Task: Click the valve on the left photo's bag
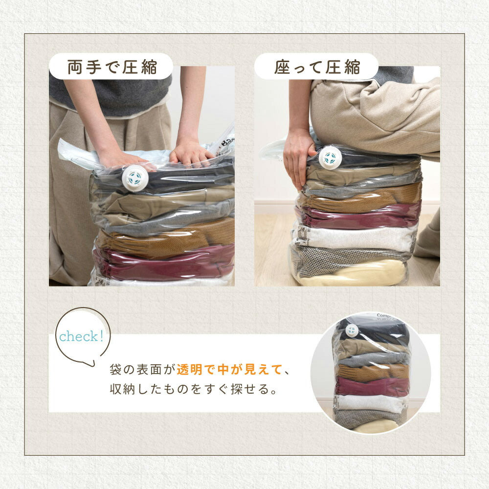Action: [x=135, y=178]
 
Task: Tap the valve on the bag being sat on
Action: [x=330, y=158]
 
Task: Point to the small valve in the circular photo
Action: [x=352, y=330]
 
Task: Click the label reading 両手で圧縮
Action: [x=111, y=67]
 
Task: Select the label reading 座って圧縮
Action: [x=317, y=67]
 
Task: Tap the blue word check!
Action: [x=81, y=336]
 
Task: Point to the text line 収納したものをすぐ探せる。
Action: [x=193, y=389]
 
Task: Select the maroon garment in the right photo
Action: [x=358, y=216]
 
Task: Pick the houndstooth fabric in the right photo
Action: [x=346, y=258]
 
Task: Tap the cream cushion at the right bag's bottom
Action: [x=353, y=274]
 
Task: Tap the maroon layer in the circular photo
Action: [x=372, y=386]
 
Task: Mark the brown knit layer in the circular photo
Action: [x=373, y=372]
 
